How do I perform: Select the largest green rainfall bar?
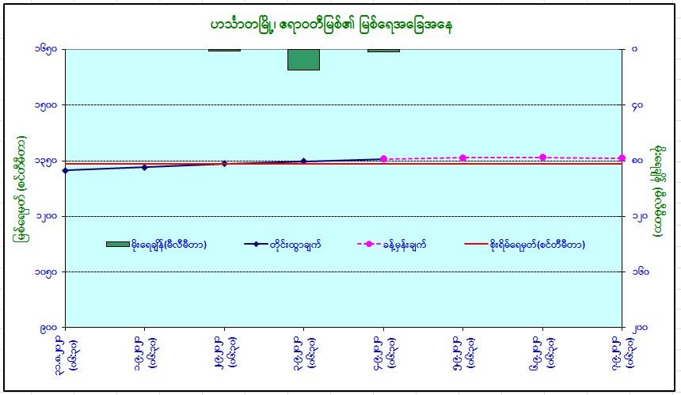pyautogui.click(x=303, y=59)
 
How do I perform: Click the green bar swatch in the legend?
pyautogui.click(x=117, y=245)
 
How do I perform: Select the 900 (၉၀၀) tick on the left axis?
pyautogui.click(x=49, y=327)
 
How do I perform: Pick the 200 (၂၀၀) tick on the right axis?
pyautogui.click(x=637, y=327)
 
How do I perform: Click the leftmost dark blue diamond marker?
pyautogui.click(x=65, y=170)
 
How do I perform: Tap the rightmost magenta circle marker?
pyautogui.click(x=622, y=158)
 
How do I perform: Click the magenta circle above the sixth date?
pyautogui.click(x=463, y=158)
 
